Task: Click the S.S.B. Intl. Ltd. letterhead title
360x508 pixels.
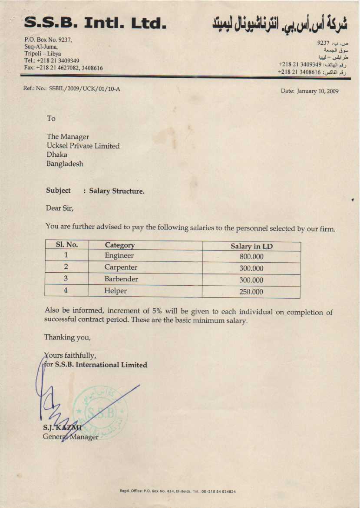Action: pyautogui.click(x=96, y=23)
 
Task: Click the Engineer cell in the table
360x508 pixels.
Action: pyautogui.click(x=119, y=256)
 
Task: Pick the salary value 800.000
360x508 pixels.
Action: pyautogui.click(x=251, y=257)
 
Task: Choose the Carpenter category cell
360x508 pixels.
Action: pyautogui.click(x=121, y=267)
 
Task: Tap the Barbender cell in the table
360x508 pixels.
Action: pyautogui.click(x=121, y=279)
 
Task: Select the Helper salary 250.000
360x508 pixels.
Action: pyautogui.click(x=251, y=292)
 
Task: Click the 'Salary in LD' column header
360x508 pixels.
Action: pyautogui.click(x=251, y=246)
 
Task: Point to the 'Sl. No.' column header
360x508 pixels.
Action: pyautogui.click(x=67, y=245)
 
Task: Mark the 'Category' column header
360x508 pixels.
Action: pyautogui.click(x=120, y=245)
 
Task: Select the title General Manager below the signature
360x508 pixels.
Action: pyautogui.click(x=71, y=437)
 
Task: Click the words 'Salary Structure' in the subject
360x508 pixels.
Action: pyautogui.click(x=117, y=191)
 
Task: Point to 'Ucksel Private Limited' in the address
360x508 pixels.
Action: pyautogui.click(x=83, y=146)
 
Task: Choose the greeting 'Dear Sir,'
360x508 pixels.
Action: pyautogui.click(x=60, y=208)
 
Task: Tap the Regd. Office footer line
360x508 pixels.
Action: pyautogui.click(x=178, y=492)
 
